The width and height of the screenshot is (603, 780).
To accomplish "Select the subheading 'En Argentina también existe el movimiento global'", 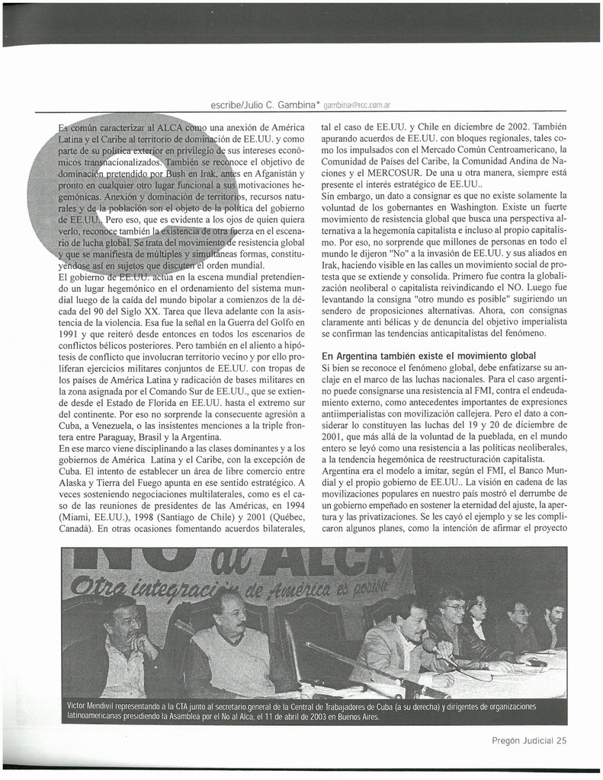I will (429, 356).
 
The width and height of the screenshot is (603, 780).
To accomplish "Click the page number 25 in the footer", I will (562, 739).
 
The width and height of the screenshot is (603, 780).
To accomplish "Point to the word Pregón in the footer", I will (508, 739).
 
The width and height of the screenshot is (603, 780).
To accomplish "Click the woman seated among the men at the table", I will (479, 613).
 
